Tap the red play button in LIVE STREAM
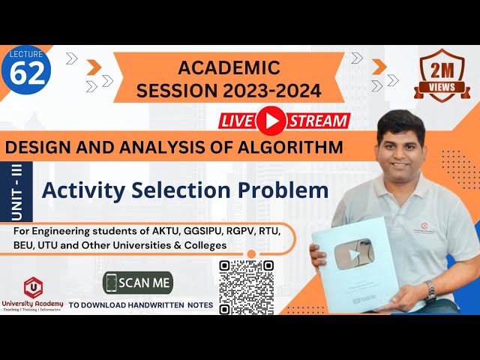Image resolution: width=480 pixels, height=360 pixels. [271, 121]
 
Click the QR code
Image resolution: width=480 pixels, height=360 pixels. [246, 287]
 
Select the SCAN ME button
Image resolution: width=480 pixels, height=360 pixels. [138, 283]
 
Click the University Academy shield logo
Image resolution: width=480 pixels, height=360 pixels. [32, 286]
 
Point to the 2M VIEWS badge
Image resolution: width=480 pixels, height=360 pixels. [442, 74]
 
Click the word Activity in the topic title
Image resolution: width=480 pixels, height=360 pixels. [79, 190]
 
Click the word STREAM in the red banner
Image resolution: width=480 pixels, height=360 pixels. [318, 121]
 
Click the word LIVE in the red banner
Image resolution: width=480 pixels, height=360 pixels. [238, 121]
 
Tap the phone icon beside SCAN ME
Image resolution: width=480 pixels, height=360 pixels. [112, 283]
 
